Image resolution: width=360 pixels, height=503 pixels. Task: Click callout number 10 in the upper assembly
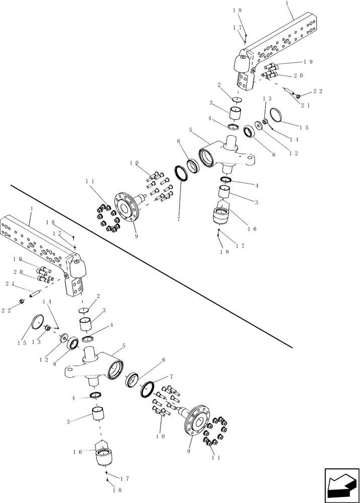[134, 163]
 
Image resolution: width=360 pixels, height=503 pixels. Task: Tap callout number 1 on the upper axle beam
[287, 3]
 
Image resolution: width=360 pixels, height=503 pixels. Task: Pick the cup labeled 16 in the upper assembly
[222, 216]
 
